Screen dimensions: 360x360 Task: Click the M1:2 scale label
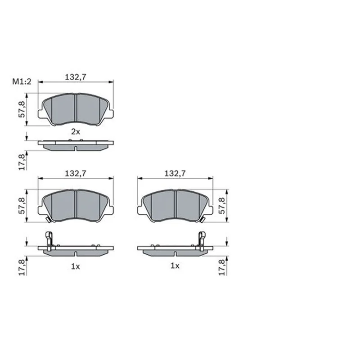click(x=22, y=81)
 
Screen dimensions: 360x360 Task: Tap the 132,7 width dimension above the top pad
click(x=76, y=77)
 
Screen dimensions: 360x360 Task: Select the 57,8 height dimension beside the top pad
click(x=22, y=109)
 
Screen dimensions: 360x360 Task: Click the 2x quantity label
click(x=76, y=132)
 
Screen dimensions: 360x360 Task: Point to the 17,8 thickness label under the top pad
click(x=22, y=162)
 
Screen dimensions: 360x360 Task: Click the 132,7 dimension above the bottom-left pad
click(x=76, y=173)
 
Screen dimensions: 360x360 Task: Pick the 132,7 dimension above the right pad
click(x=175, y=173)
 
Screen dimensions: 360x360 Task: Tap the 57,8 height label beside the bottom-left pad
click(x=22, y=206)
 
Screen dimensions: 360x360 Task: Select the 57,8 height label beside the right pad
click(x=222, y=206)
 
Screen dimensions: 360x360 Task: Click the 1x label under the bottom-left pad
click(x=76, y=266)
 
